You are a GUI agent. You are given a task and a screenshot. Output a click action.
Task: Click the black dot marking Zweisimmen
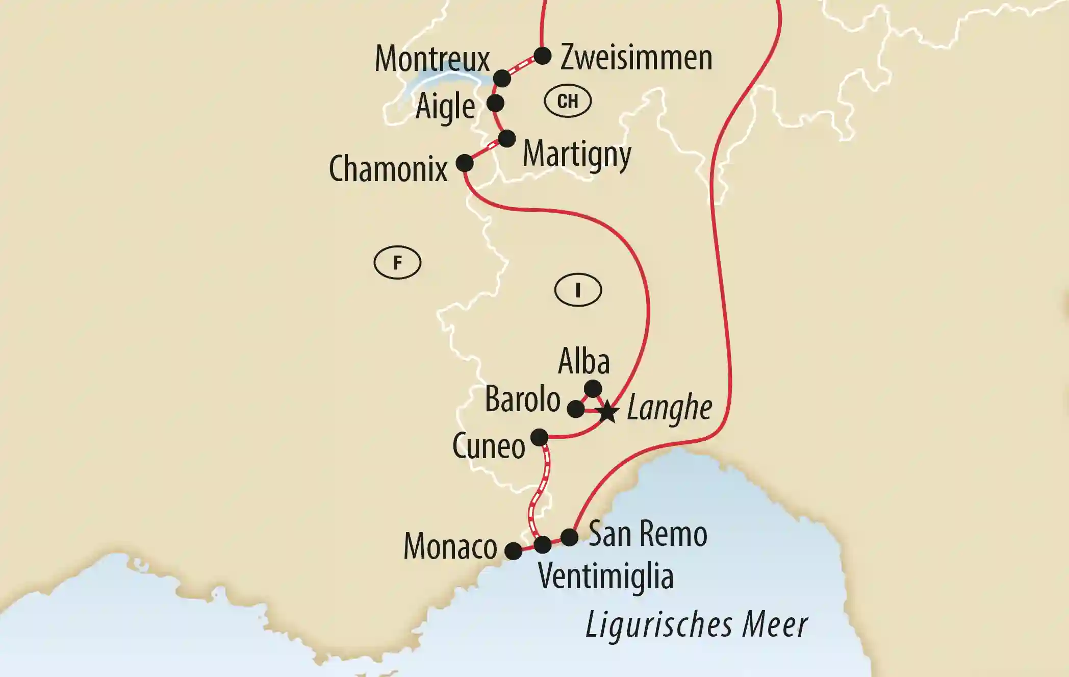point(542,56)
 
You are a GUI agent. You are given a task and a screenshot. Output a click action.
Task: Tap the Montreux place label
point(432,59)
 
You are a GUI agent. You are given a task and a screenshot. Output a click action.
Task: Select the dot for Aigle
point(495,103)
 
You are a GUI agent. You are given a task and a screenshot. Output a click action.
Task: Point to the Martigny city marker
point(506,139)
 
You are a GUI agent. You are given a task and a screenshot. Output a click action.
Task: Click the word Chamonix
point(388,169)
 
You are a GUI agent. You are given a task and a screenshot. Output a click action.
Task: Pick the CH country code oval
point(568,101)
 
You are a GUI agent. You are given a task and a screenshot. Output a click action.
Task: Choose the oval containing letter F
point(397,263)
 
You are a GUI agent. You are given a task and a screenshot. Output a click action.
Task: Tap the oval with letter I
point(578,290)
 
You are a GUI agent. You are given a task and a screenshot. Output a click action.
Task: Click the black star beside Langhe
point(607,412)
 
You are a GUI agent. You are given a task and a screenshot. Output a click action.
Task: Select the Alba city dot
point(593,389)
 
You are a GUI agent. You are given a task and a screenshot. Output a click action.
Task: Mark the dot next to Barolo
point(576,409)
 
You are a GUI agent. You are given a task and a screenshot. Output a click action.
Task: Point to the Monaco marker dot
point(514,551)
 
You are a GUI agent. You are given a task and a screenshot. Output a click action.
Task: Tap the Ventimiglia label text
point(605,576)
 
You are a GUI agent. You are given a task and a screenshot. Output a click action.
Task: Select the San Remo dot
point(569,537)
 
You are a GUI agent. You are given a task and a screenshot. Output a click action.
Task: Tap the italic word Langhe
point(669,408)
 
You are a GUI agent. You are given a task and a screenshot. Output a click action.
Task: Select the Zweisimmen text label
point(636,58)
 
